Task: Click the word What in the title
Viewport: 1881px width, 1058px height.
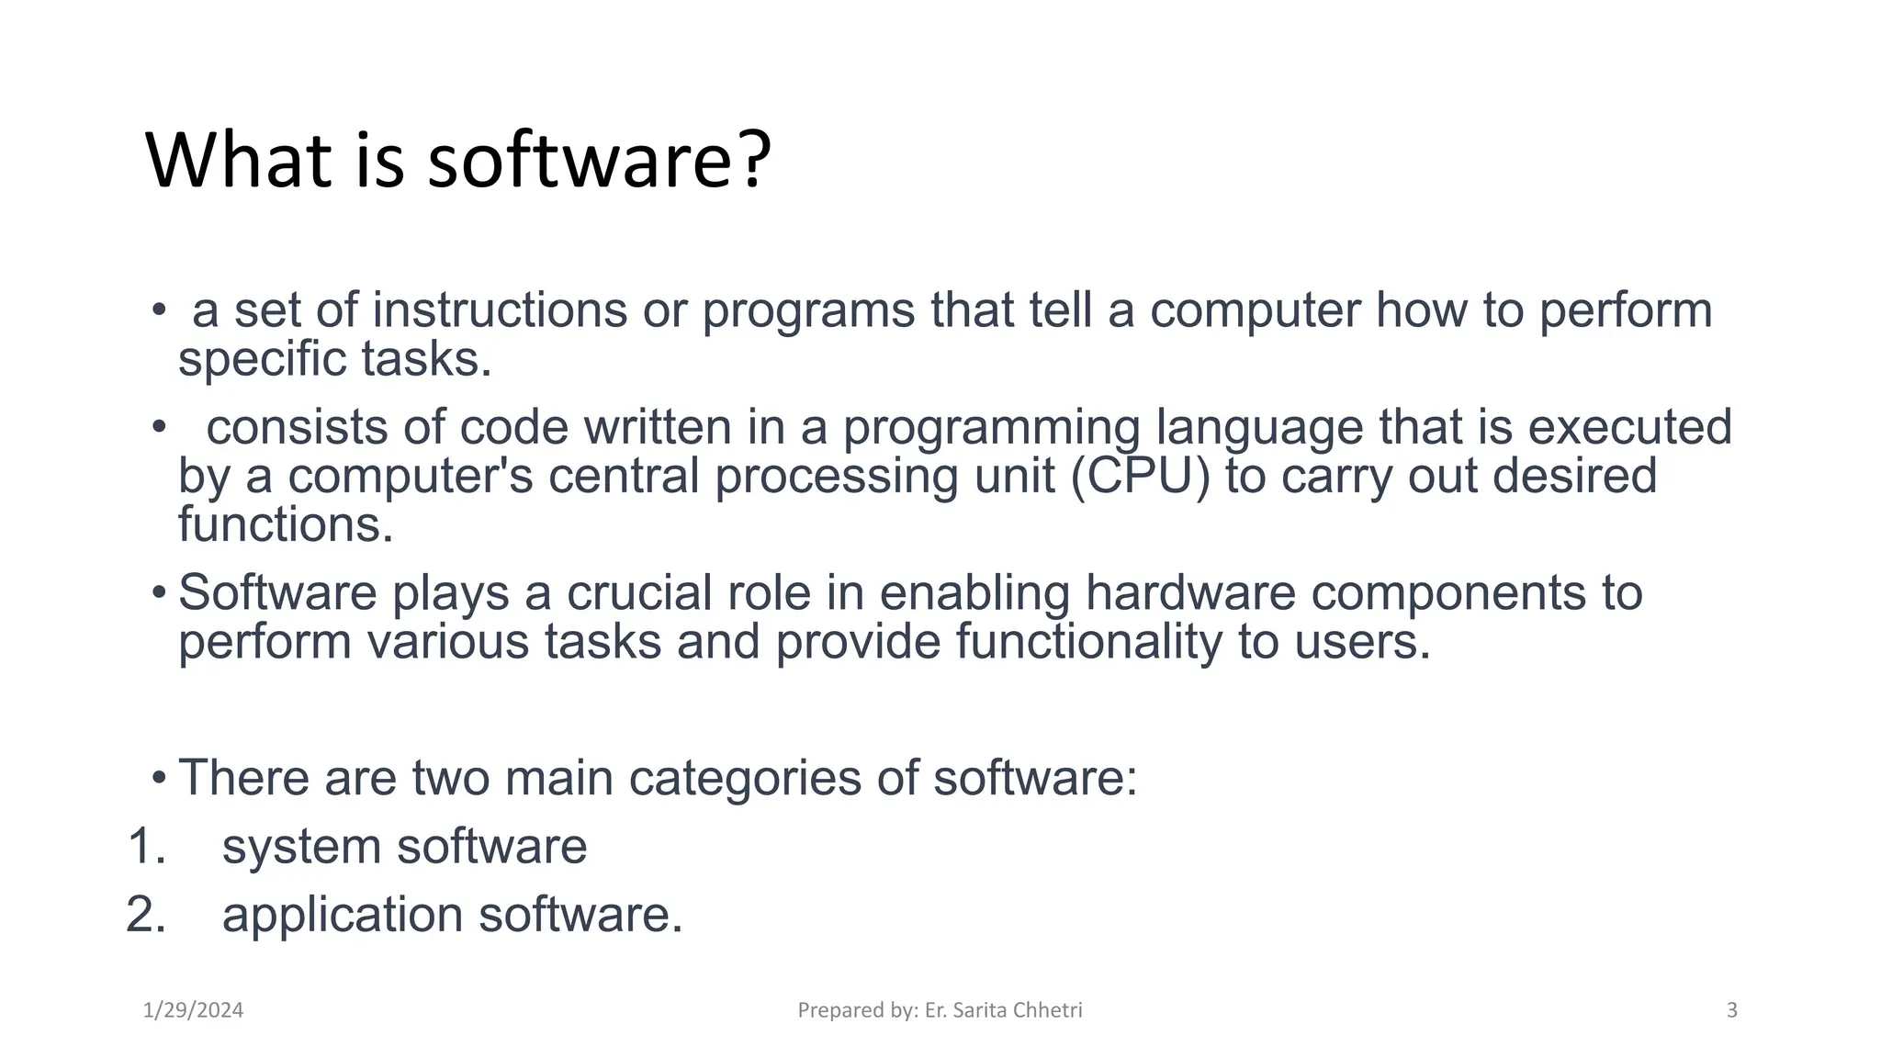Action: [x=238, y=161]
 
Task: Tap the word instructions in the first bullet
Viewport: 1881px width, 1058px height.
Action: [x=500, y=310]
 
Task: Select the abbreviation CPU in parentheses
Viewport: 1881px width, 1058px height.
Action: [x=1141, y=476]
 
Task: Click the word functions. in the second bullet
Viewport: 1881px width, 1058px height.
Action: [x=286, y=524]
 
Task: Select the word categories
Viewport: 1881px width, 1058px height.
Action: [x=745, y=778]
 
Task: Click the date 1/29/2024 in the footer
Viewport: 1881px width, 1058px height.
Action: [x=194, y=1010]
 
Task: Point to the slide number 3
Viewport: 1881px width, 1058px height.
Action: [x=1732, y=1010]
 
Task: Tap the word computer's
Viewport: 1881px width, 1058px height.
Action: [x=410, y=476]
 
